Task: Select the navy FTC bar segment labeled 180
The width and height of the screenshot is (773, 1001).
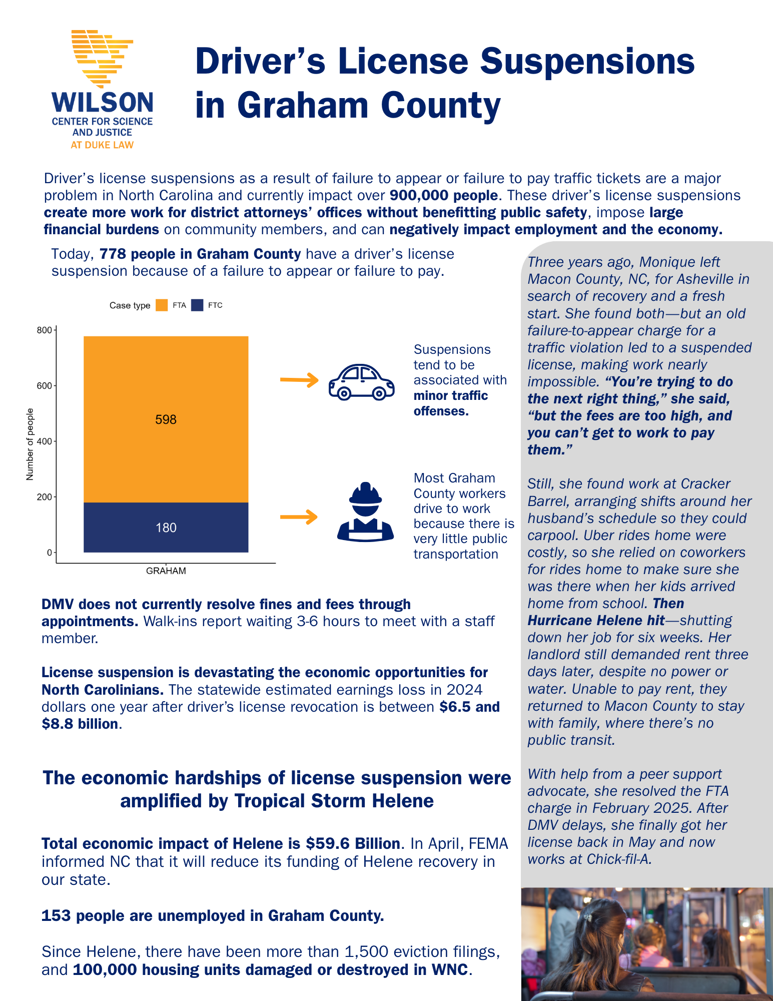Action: click(166, 527)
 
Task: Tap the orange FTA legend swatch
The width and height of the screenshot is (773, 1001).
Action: click(162, 305)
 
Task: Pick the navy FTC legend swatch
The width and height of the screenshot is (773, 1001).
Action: click(198, 305)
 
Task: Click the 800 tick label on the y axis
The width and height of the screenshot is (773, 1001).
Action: click(44, 330)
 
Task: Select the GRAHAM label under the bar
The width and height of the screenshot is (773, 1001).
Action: click(166, 571)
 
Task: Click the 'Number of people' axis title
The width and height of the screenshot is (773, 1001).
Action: click(30, 444)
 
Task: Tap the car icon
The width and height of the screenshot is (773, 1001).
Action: click(361, 382)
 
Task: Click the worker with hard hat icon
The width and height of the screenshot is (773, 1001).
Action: click(365, 513)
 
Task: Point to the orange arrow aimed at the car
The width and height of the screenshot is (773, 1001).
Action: click(299, 380)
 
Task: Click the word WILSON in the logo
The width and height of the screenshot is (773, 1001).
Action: click(103, 103)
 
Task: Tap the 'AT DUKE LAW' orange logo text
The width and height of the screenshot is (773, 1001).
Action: click(102, 145)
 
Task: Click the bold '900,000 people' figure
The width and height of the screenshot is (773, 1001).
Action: click(443, 195)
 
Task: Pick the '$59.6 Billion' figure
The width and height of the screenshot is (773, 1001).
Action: click(353, 844)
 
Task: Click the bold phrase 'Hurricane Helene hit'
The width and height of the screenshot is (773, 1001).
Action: click(596, 621)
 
